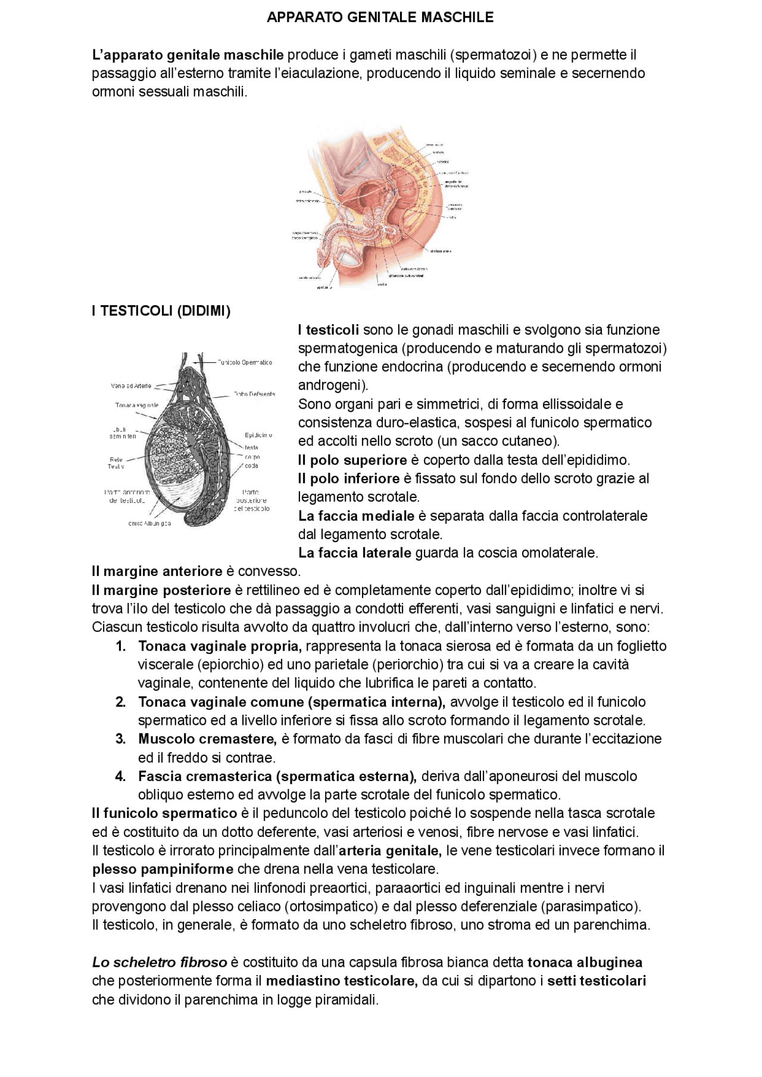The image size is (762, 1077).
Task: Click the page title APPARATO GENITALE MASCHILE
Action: coord(380,17)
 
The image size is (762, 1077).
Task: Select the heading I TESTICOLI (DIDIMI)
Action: coord(161,310)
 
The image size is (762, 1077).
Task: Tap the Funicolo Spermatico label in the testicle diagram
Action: coord(245,362)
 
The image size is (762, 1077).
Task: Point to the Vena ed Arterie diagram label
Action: coord(131,386)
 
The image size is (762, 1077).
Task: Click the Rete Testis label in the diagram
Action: coord(115,463)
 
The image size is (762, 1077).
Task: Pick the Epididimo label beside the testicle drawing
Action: coord(258,435)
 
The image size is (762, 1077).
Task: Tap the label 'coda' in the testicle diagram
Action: coord(251,466)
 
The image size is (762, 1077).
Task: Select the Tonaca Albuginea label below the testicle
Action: coord(149,524)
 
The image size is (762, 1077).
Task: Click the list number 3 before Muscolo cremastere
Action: coord(120,739)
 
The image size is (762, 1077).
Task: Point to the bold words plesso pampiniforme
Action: coord(163,869)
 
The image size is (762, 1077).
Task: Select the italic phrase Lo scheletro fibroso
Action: coord(160,962)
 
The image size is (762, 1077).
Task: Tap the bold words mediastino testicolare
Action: coord(342,980)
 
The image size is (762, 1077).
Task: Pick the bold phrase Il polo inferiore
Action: coord(349,478)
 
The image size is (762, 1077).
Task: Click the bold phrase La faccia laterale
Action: coord(355,553)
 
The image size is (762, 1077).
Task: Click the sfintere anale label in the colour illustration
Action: coord(441,251)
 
